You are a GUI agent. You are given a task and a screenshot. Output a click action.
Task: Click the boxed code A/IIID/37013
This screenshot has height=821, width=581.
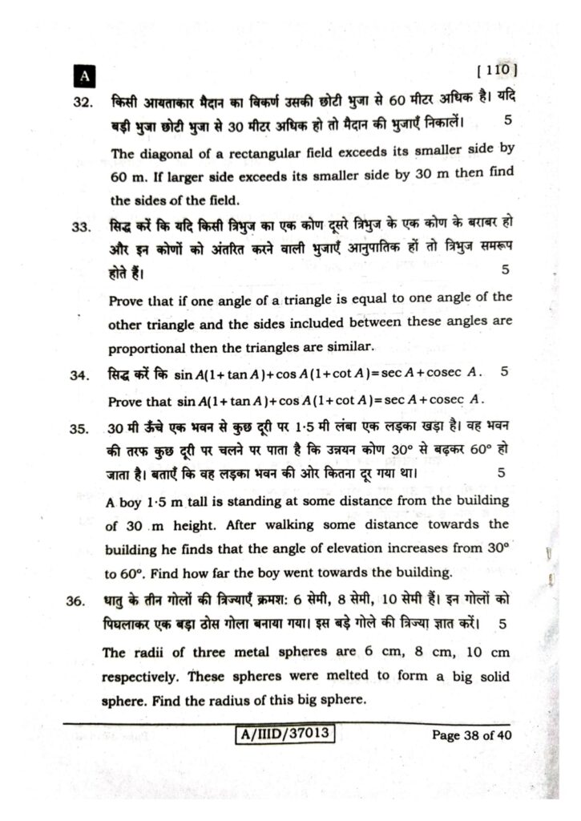point(285,734)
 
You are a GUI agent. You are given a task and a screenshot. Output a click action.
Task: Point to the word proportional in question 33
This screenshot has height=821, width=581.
point(149,348)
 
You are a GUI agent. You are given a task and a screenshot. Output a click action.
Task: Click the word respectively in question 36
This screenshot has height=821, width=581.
point(141,675)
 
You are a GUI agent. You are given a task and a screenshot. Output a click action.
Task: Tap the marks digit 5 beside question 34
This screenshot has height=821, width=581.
point(503,372)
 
